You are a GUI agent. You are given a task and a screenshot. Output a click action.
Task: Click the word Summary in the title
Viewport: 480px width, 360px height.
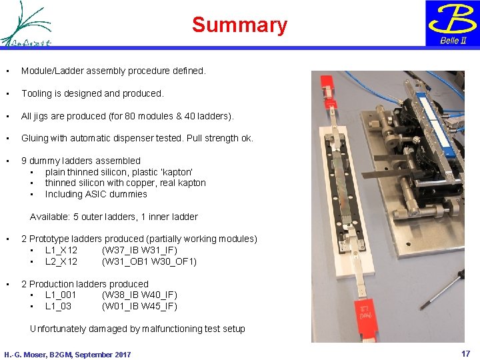click(239, 25)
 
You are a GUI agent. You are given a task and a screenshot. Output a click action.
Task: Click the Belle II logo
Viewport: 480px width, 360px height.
click(453, 23)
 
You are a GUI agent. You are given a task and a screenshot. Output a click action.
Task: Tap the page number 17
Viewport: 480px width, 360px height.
click(466, 353)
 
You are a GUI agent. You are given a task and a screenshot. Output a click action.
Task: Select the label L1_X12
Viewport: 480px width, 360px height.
click(61, 250)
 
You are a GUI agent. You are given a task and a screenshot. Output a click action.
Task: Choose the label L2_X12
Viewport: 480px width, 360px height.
click(61, 261)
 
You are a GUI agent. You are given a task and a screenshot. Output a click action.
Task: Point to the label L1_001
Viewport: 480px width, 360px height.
click(61, 295)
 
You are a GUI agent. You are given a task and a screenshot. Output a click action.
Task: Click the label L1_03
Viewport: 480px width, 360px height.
click(58, 306)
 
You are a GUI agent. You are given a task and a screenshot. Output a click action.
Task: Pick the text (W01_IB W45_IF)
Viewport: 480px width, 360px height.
click(139, 306)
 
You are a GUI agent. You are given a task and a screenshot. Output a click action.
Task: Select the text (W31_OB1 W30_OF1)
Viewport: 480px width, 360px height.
click(149, 261)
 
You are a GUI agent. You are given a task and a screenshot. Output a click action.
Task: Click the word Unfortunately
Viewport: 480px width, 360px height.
click(59, 329)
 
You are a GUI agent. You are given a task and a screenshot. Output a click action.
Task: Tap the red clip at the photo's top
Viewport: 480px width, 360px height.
click(328, 87)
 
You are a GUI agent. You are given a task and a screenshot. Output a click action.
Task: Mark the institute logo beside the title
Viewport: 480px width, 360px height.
click(25, 24)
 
